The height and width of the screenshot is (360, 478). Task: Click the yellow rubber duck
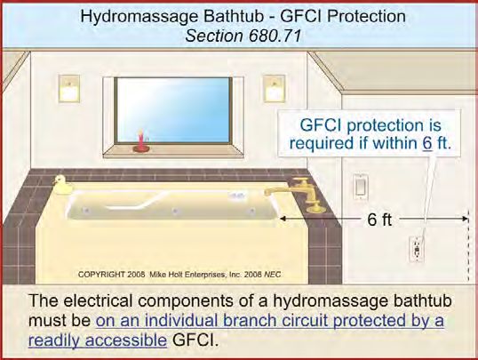(62, 185)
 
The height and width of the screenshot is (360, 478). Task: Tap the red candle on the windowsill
(141, 142)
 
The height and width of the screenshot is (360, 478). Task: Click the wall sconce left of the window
(69, 89)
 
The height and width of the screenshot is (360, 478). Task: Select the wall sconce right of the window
(275, 89)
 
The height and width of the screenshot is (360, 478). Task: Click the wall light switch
(361, 187)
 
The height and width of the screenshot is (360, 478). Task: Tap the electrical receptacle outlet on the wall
(417, 250)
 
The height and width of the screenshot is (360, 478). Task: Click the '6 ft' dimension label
(379, 220)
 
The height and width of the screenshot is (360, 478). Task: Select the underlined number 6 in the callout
(427, 143)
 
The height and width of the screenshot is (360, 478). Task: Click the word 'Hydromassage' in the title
(139, 17)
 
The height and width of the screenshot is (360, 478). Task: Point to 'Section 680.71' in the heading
(243, 36)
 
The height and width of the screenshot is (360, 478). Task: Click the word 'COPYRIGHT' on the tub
(101, 275)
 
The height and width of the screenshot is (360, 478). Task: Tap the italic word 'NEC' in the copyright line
(273, 275)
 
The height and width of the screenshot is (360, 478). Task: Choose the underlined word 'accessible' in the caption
(126, 340)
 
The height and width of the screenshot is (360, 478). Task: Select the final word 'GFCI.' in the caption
(195, 340)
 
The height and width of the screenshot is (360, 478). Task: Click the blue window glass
(173, 110)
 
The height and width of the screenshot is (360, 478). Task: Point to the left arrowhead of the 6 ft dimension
(283, 219)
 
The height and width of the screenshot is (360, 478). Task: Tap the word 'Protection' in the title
(366, 17)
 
